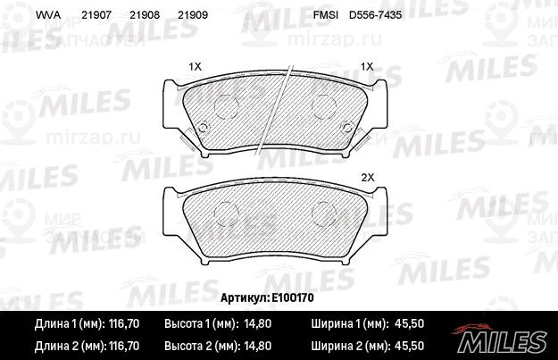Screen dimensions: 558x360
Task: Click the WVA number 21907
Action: coord(96,15)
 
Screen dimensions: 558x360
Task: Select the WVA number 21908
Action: coord(145,15)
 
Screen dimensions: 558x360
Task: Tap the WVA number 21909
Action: coord(193,15)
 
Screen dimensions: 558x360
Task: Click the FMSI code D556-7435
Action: coord(376,15)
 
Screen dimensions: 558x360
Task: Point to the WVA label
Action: coord(48,15)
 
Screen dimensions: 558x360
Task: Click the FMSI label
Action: coord(325,15)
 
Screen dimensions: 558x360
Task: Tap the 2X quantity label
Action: coord(368,178)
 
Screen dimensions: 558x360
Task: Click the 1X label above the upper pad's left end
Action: coord(195,67)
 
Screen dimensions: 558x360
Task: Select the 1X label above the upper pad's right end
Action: coord(367,67)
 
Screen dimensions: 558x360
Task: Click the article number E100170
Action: coord(293,297)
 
